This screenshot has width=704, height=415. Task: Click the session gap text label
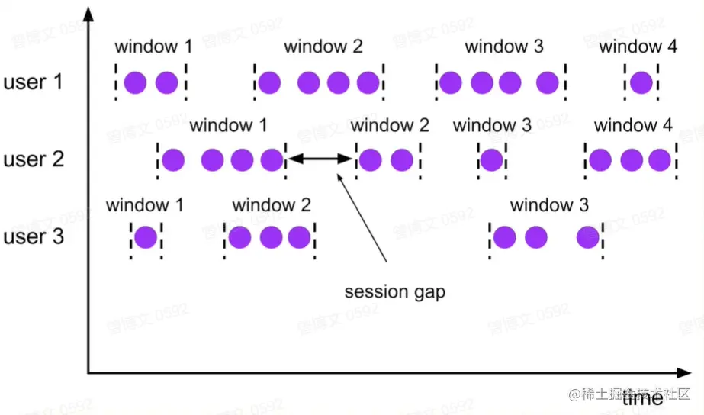click(x=394, y=292)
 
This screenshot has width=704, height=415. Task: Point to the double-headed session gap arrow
click(x=320, y=159)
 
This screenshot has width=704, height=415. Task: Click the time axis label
click(x=641, y=397)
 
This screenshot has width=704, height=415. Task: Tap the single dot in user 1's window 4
click(x=641, y=82)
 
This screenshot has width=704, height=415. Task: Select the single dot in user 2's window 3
click(x=491, y=159)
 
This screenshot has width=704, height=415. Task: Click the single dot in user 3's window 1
click(x=145, y=237)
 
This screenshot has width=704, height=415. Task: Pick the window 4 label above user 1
click(x=638, y=47)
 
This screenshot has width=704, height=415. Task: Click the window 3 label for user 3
click(x=549, y=205)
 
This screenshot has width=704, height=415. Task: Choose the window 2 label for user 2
click(x=391, y=125)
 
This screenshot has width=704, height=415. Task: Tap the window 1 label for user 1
click(x=153, y=47)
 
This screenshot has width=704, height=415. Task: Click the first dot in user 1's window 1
click(x=135, y=82)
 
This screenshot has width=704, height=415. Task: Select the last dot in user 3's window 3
click(x=587, y=237)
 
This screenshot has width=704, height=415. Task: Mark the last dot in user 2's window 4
click(x=660, y=159)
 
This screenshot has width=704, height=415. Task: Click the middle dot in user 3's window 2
click(x=271, y=237)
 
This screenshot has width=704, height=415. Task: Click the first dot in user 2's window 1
click(x=174, y=159)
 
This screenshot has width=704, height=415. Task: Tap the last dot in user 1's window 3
click(x=547, y=82)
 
